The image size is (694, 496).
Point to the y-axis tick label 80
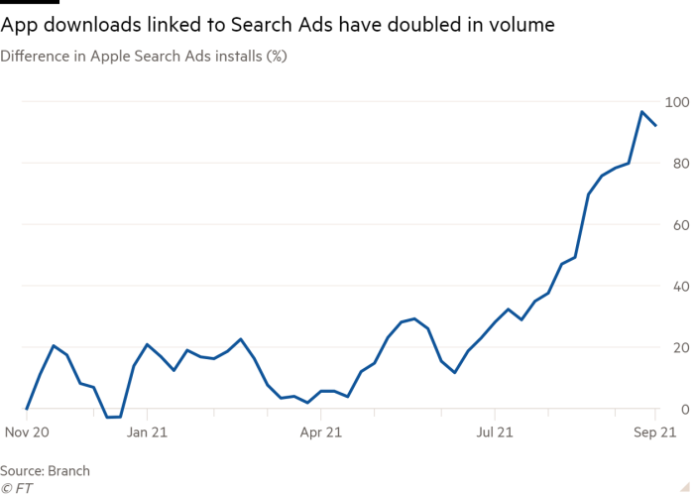(x=678, y=163)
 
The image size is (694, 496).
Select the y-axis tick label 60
(x=678, y=224)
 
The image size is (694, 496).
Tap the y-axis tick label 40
(x=678, y=286)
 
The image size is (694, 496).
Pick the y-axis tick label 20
(x=678, y=347)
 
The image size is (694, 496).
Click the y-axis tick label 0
(x=682, y=409)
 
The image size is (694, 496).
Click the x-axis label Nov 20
(x=28, y=433)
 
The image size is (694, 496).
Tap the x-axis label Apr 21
(x=321, y=433)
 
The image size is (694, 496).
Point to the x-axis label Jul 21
(x=496, y=433)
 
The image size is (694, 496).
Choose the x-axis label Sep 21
(x=654, y=433)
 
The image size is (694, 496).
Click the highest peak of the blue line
(x=642, y=112)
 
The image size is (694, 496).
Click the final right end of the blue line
(x=656, y=125)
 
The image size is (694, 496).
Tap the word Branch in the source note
(x=68, y=471)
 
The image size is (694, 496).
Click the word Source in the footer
(x=22, y=471)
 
